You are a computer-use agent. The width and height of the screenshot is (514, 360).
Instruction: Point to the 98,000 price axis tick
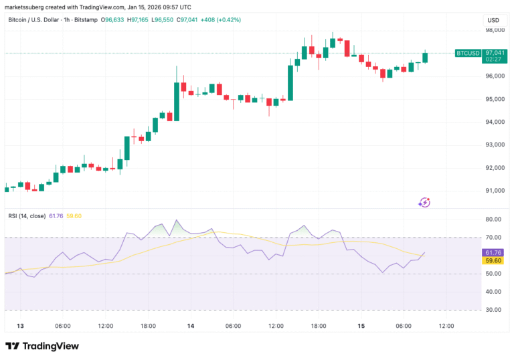pyautogui.click(x=495, y=30)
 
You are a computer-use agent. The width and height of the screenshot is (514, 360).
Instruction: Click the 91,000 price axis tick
pyautogui.click(x=495, y=191)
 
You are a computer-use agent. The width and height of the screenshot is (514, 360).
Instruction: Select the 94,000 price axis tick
pyautogui.click(x=495, y=122)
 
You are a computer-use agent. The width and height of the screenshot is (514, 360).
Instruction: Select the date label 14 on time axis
pyautogui.click(x=191, y=326)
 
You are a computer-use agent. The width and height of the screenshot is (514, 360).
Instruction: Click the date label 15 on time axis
pyautogui.click(x=361, y=326)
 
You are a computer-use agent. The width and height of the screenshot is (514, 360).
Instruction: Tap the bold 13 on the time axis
pyautogui.click(x=20, y=326)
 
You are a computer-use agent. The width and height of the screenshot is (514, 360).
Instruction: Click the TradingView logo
pyautogui.click(x=42, y=346)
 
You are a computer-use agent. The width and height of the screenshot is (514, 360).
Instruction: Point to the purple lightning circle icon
pyautogui.click(x=424, y=201)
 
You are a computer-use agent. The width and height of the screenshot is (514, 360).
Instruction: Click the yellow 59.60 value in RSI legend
pyautogui.click(x=74, y=215)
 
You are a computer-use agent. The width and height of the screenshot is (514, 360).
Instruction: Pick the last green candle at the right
pyautogui.click(x=425, y=58)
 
